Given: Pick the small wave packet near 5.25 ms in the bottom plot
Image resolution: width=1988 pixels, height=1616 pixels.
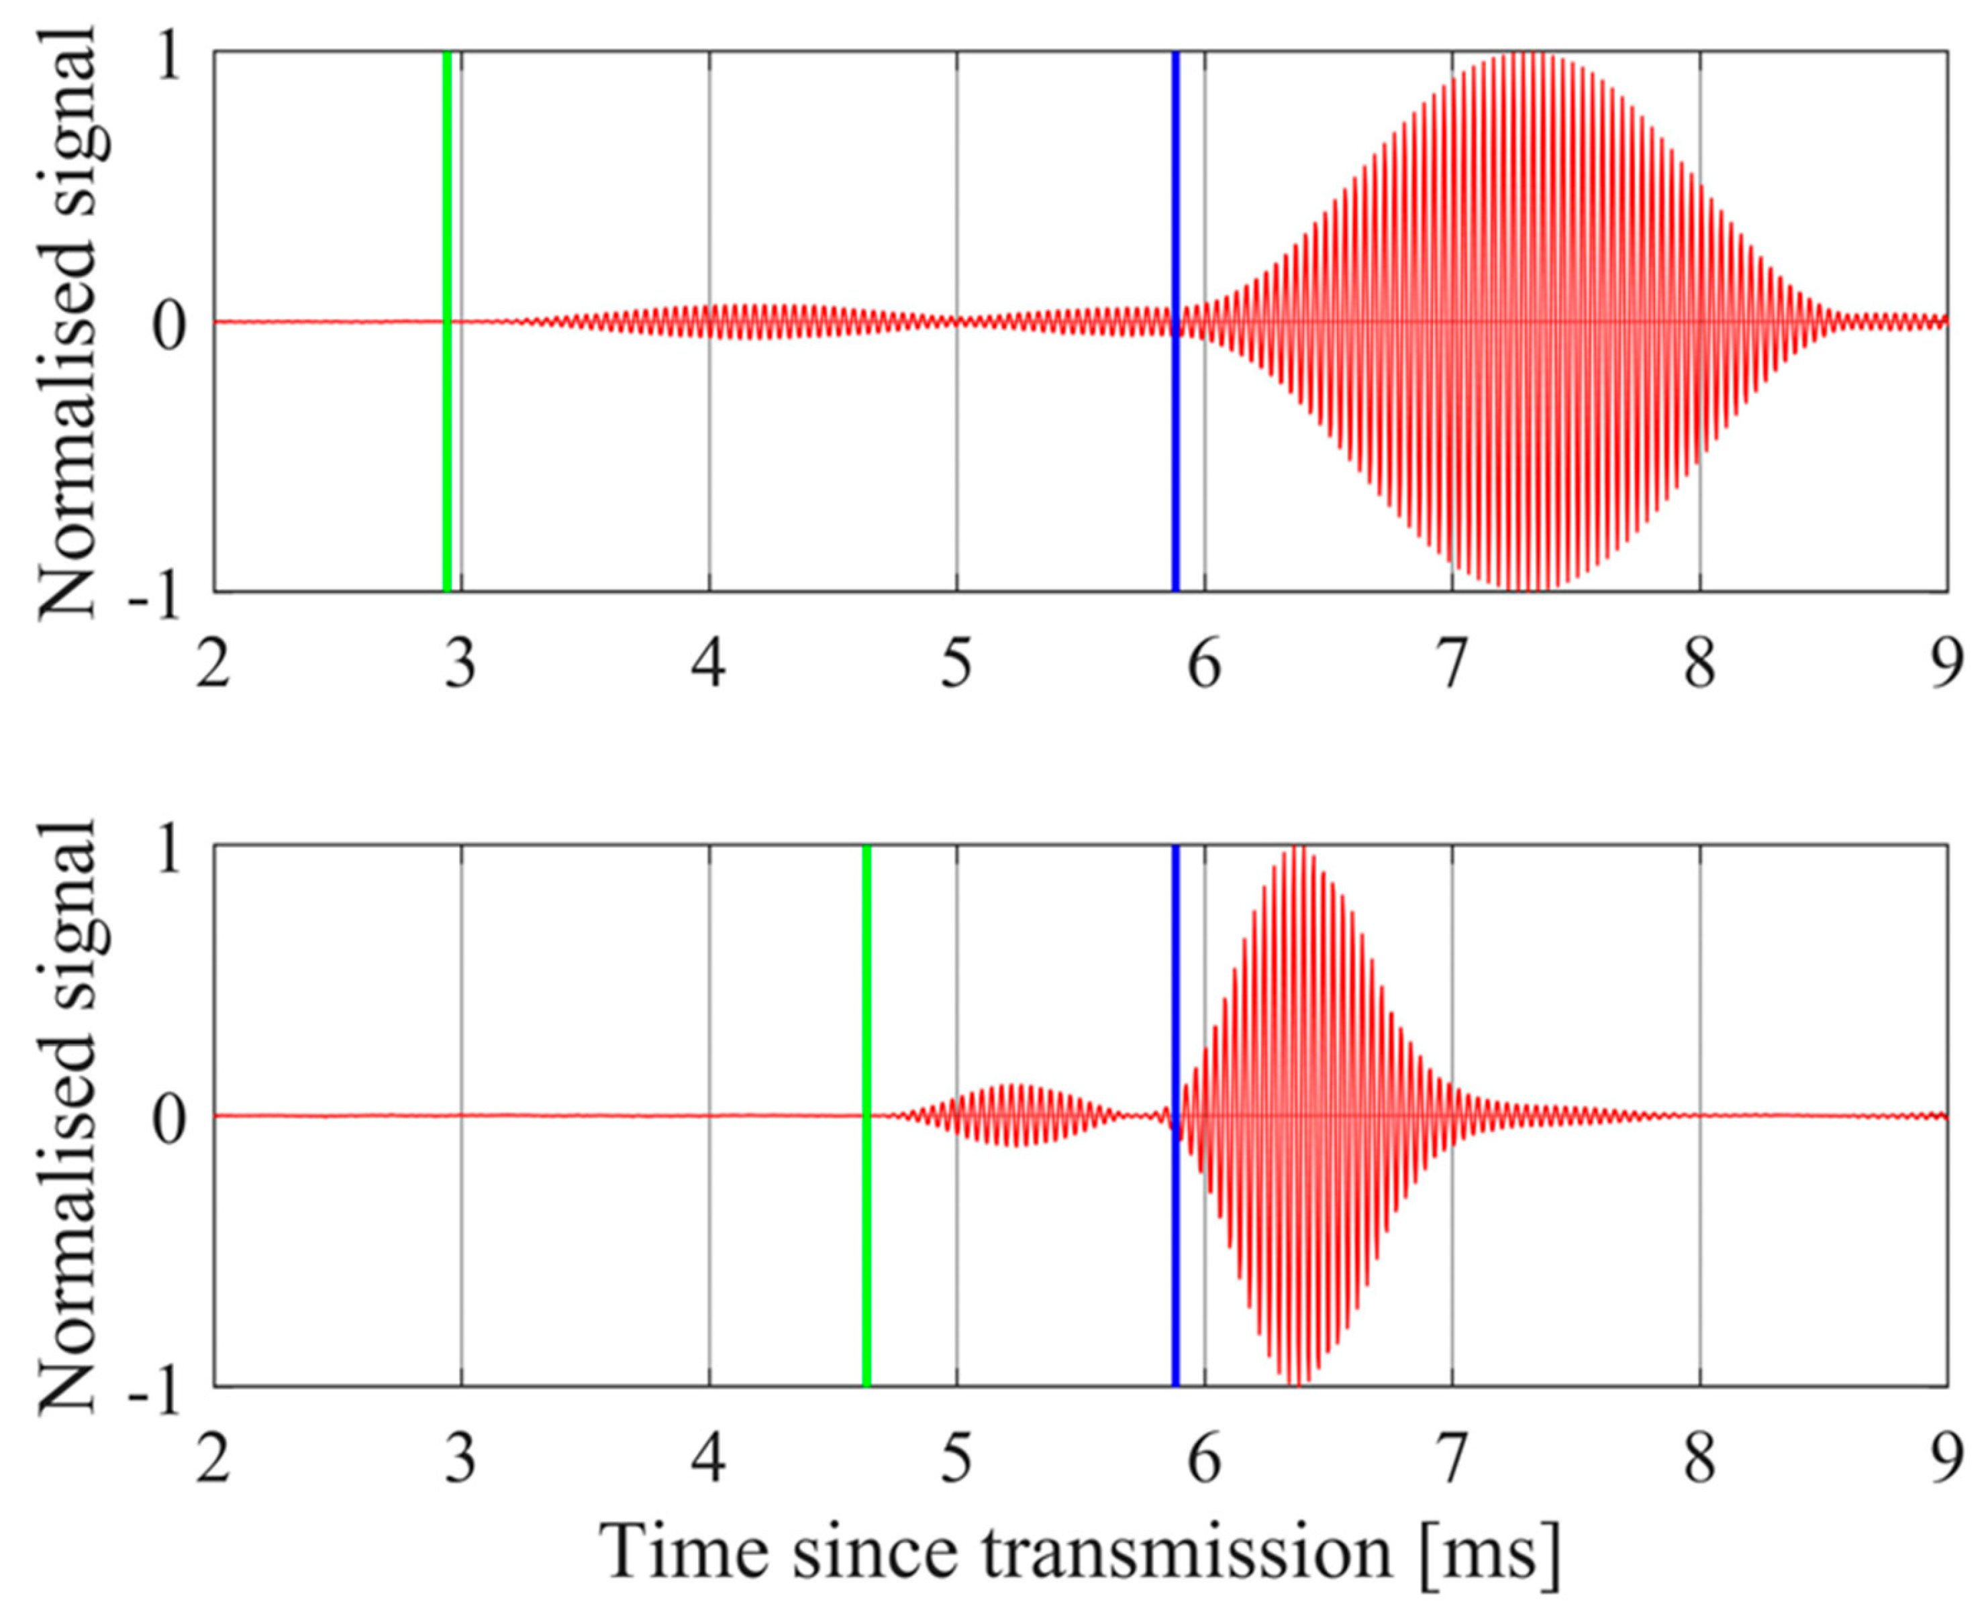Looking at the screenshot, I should click(1020, 1114).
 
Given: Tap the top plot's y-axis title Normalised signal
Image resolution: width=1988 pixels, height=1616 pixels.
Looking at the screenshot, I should click(67, 321).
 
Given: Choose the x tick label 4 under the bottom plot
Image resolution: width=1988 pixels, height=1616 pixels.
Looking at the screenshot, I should click(709, 1460).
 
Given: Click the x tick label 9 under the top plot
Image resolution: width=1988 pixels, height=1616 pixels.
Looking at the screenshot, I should click(1946, 667).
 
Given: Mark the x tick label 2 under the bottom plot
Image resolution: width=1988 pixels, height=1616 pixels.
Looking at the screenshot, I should click(213, 1460).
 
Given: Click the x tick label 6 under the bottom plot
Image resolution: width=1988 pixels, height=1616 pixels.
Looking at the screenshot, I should click(1204, 1460).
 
